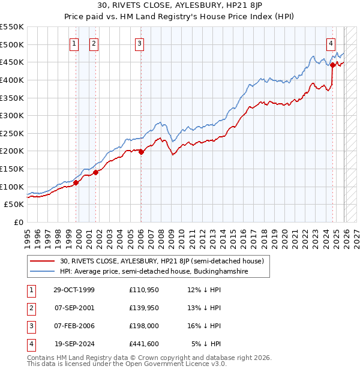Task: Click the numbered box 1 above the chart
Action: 74,43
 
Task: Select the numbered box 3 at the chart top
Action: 139,43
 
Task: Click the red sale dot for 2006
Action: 141,152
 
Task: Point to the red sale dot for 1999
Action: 76,182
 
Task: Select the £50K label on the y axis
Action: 14,205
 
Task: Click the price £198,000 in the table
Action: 142,326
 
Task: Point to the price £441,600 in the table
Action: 142,344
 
